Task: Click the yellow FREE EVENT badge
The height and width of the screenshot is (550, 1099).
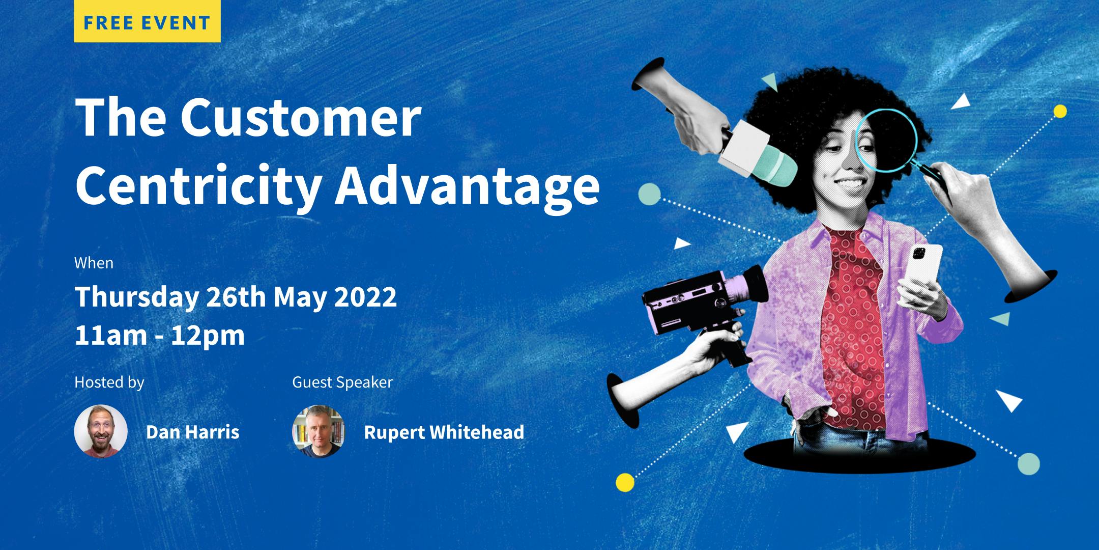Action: click(x=147, y=21)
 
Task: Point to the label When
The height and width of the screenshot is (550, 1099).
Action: click(x=94, y=263)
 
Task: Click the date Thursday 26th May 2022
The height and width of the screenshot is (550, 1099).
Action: click(x=236, y=297)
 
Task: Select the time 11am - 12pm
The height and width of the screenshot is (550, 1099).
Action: click(x=160, y=336)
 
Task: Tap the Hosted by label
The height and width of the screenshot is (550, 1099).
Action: click(x=109, y=382)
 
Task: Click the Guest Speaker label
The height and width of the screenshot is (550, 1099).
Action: click(x=342, y=382)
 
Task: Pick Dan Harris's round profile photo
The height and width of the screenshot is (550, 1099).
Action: click(x=101, y=431)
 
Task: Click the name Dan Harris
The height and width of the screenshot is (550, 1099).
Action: click(x=192, y=432)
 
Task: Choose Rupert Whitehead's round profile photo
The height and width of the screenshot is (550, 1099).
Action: click(x=319, y=431)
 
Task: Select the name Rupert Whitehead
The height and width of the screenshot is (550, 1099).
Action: click(x=444, y=432)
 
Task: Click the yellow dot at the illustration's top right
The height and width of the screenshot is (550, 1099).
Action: click(x=1060, y=111)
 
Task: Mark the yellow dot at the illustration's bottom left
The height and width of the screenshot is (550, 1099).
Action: click(x=625, y=482)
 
